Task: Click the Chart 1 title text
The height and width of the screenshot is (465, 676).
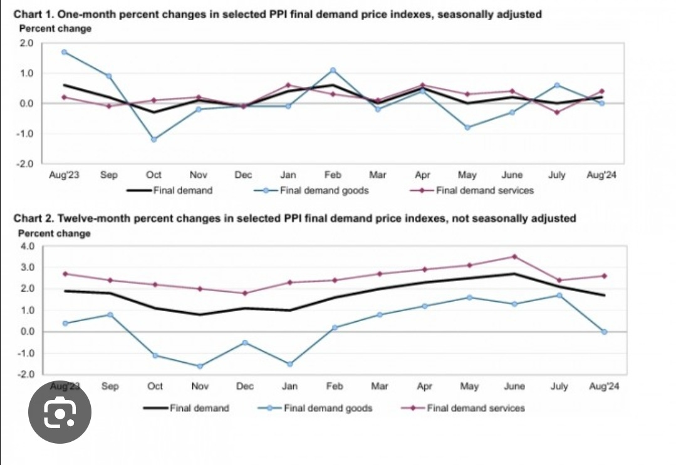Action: tap(277, 14)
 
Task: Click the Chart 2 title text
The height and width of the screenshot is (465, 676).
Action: tap(294, 218)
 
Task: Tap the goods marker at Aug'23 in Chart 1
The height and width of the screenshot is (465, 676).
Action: tap(65, 52)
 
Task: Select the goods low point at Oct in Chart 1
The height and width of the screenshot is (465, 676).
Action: tap(153, 139)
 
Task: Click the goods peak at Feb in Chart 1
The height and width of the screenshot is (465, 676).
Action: tap(333, 70)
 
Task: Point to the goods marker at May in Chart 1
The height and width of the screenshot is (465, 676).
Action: tap(467, 127)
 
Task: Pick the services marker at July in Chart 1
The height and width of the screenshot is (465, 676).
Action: tap(556, 112)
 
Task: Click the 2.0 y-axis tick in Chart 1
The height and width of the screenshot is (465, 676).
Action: tap(26, 43)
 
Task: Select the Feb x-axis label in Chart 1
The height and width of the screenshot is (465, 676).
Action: tap(333, 175)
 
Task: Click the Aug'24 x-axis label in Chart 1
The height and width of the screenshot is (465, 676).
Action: tap(601, 175)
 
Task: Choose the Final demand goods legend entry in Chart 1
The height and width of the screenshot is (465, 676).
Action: tap(316, 190)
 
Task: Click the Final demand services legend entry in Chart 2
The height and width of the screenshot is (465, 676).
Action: tap(475, 408)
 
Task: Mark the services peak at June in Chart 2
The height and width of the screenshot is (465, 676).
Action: tap(514, 256)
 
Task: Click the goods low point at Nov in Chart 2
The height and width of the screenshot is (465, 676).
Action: tap(199, 366)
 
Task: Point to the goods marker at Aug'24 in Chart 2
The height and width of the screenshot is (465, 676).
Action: tap(605, 332)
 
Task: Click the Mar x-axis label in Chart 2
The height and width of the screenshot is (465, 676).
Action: tap(380, 386)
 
